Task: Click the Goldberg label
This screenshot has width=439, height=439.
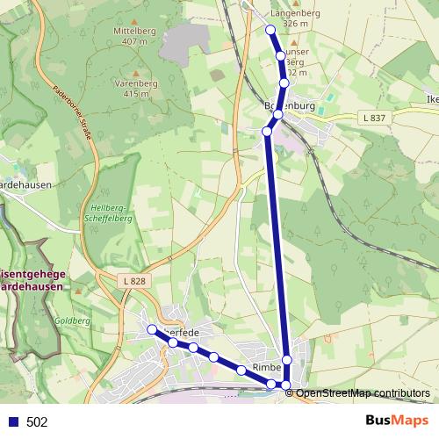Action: pos(75,322)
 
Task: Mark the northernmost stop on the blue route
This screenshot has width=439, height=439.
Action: pos(270,30)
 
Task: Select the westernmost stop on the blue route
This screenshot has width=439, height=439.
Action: pos(152,329)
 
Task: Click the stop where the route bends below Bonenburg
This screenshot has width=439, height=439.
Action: pos(267,132)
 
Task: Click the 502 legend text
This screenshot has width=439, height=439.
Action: pos(37,421)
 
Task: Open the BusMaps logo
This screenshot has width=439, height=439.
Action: pos(397,421)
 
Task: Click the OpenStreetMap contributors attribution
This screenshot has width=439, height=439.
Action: pos(363,392)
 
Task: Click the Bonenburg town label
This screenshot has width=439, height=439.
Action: pos(300,106)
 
